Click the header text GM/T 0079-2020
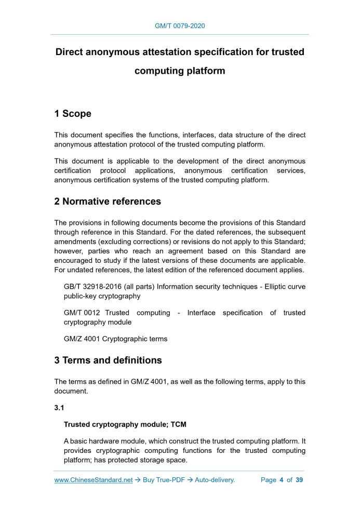tap(180, 25)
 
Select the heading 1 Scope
tap(73, 114)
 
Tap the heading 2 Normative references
tap(108, 201)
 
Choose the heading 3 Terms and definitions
tap(108, 360)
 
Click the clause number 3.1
tap(60, 408)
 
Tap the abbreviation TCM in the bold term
tap(176, 424)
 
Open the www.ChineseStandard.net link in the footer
tap(94, 480)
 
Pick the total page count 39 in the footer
tap(299, 480)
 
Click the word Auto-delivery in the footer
tap(215, 480)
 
